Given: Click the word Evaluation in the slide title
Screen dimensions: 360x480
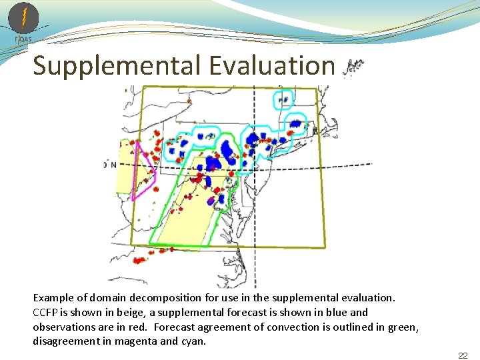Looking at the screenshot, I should [x=271, y=66].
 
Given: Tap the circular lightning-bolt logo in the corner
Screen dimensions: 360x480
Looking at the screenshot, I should [x=23, y=18].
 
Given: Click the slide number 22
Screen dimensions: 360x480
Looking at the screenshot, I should [x=463, y=355].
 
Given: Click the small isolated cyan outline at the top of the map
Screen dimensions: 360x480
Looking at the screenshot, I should [x=283, y=99].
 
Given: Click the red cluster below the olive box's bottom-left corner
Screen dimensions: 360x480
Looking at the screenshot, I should [x=139, y=260].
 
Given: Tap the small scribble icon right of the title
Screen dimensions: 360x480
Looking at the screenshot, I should [x=353, y=66].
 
